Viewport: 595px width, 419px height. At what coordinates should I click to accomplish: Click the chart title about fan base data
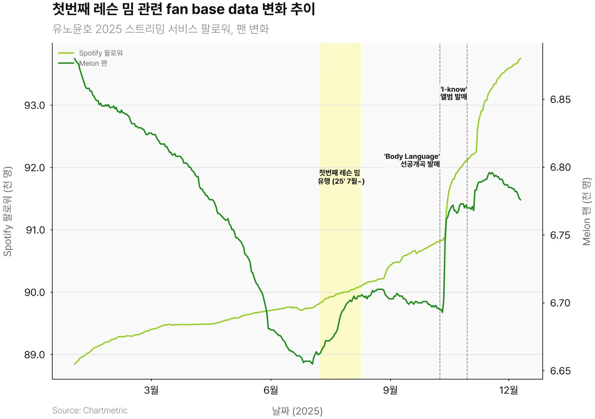coord(184,9)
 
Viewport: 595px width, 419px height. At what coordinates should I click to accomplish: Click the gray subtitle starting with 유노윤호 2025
coord(161,29)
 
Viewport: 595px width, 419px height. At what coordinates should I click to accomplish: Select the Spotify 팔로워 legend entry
coord(101,53)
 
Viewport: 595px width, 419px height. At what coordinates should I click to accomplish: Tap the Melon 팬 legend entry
coord(93,63)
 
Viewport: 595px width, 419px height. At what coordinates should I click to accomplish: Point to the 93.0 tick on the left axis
coord(35,106)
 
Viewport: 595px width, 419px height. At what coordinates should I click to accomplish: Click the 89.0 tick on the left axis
coord(35,355)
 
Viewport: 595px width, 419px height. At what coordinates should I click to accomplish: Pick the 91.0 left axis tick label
coord(35,230)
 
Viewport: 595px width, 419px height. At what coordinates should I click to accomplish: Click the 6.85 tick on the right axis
coord(560,100)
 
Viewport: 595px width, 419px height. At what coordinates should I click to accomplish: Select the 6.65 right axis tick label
coord(560,371)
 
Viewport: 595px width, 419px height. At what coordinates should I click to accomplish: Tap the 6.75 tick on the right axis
coord(560,235)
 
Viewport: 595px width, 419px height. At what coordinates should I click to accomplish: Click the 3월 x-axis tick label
coord(151,390)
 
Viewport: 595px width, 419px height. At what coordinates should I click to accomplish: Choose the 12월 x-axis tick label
coord(508,390)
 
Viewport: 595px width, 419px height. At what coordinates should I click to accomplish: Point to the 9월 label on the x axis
coord(390,390)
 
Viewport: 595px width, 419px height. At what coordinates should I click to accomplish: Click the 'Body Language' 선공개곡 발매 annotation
coord(412,160)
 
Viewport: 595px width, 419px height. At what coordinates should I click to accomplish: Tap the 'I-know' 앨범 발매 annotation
coord(454,93)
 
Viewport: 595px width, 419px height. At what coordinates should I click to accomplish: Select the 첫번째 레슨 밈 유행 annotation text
coord(341,177)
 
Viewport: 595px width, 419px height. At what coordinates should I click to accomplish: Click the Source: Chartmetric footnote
coord(90,410)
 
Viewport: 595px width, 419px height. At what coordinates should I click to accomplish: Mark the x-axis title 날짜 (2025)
coord(297,411)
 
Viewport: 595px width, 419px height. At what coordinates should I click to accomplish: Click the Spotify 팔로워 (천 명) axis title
coord(8,211)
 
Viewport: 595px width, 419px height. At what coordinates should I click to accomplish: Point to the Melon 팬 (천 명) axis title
coord(586,211)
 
